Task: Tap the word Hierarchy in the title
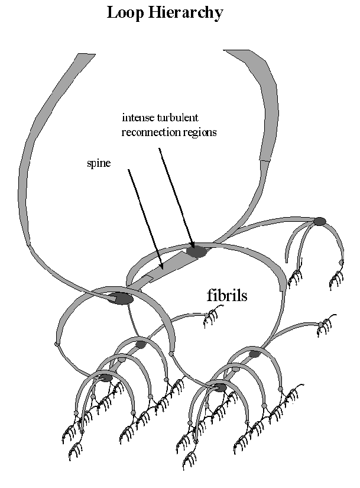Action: pyautogui.click(x=185, y=13)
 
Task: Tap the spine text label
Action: pyautogui.click(x=96, y=163)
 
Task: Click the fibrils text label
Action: pyautogui.click(x=227, y=295)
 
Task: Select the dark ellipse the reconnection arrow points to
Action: pyautogui.click(x=196, y=251)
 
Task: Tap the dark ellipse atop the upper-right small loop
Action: pyautogui.click(x=319, y=221)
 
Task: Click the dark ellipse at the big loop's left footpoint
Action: pyautogui.click(x=121, y=299)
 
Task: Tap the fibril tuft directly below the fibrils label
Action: pyautogui.click(x=212, y=319)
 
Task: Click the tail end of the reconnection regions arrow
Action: pyautogui.click(x=160, y=148)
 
